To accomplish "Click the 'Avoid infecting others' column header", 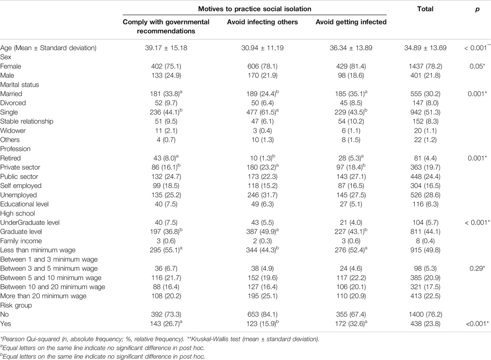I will coord(262,22).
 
